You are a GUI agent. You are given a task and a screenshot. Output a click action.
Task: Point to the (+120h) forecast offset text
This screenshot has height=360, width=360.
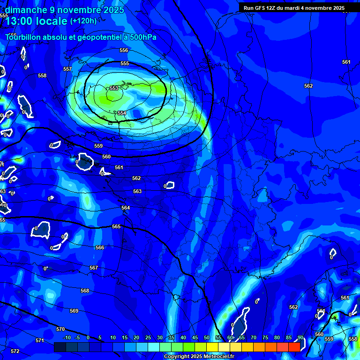click(x=83, y=21)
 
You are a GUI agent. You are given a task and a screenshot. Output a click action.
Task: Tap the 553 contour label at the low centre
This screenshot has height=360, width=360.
click(x=114, y=88)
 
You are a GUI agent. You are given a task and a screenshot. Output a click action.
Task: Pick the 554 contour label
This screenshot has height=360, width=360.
click(x=122, y=113)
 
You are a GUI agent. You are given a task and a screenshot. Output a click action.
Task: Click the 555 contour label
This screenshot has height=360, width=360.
click(x=125, y=63)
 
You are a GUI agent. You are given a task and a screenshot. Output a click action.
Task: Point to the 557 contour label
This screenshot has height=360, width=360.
click(x=67, y=69)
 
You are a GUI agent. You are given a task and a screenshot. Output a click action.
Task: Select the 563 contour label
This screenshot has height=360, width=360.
click(x=137, y=191)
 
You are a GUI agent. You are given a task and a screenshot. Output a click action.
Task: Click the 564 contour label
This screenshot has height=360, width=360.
click(x=126, y=208)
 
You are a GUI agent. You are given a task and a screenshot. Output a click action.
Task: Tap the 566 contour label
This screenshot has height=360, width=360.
click(x=100, y=247)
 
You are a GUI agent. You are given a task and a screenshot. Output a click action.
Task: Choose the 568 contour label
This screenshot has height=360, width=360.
click(x=84, y=291)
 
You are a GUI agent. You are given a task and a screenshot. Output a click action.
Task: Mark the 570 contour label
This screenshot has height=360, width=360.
click(x=60, y=329)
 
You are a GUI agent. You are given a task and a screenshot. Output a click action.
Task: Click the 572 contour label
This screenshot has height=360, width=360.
click(x=15, y=351)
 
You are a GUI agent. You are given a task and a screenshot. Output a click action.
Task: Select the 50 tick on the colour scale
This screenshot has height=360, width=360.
click(x=207, y=337)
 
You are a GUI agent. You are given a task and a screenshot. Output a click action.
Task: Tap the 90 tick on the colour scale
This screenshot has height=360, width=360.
click(x=300, y=337)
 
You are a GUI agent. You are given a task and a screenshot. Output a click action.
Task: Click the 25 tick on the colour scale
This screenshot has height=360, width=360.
click(x=148, y=337)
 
